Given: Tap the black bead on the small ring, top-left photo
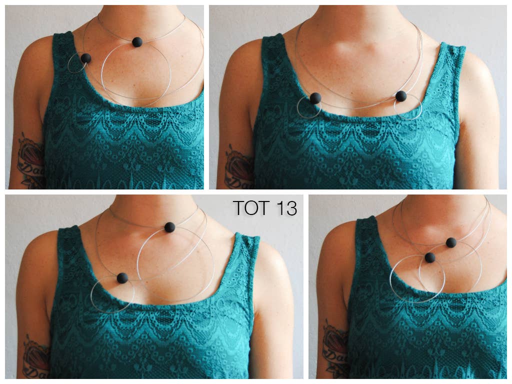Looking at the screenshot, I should [86, 58].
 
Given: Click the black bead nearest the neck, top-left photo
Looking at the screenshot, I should [137, 42].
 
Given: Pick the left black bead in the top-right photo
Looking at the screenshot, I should [315, 98].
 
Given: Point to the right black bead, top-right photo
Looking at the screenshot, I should [401, 96].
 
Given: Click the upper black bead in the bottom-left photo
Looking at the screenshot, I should [169, 227].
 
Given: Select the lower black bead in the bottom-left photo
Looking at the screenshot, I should [122, 278].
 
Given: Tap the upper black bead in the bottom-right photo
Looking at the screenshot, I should [451, 242].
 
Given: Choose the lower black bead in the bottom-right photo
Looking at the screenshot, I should [430, 257].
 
